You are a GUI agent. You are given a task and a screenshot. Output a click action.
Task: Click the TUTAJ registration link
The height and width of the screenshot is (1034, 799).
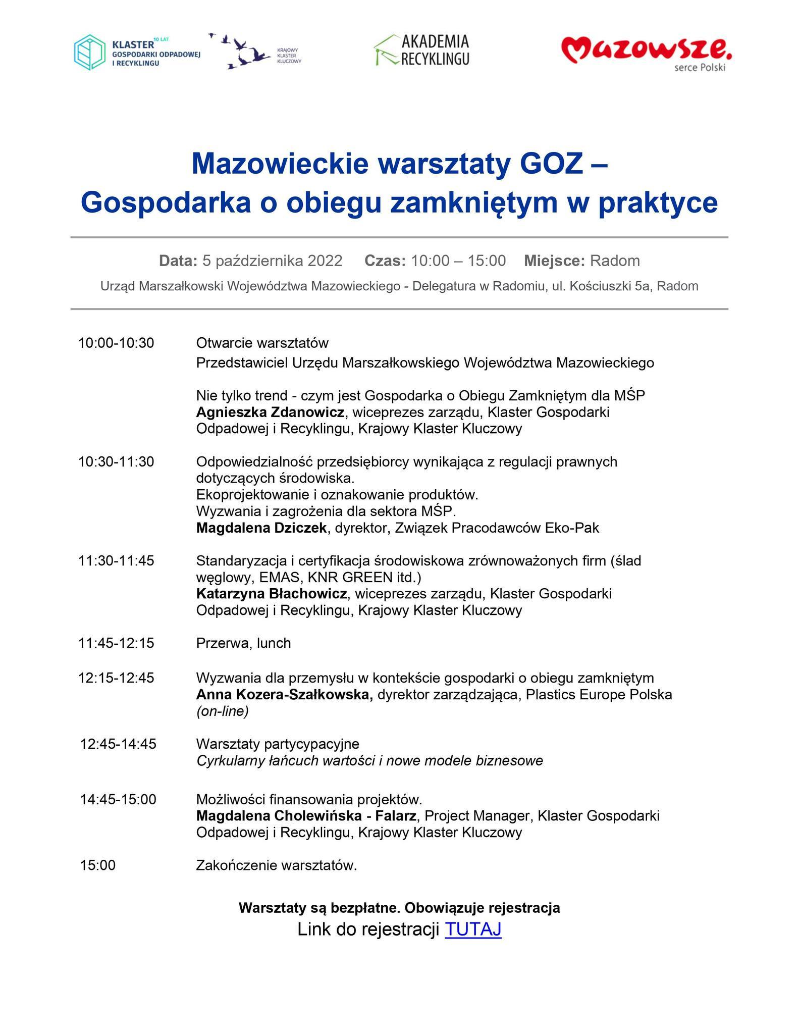pyautogui.click(x=473, y=929)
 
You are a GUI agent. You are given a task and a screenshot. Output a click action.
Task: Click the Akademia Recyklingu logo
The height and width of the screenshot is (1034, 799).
pyautogui.click(x=422, y=50)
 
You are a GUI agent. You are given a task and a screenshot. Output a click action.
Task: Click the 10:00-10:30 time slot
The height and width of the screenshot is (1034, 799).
pyautogui.click(x=116, y=343)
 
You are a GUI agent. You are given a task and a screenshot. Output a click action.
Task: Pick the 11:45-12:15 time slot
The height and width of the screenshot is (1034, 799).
pyautogui.click(x=116, y=643)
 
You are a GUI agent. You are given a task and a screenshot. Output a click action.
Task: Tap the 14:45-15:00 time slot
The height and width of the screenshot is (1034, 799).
pyautogui.click(x=118, y=799)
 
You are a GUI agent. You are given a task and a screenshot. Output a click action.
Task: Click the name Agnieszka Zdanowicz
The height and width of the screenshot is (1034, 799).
pyautogui.click(x=270, y=412)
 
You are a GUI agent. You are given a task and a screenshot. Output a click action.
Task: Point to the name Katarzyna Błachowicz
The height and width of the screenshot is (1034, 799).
pyautogui.click(x=272, y=594)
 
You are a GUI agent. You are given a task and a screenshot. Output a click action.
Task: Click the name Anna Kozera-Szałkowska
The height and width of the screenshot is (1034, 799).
pyautogui.click(x=284, y=695)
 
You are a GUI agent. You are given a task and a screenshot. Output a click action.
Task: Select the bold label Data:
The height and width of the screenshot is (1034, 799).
pyautogui.click(x=178, y=261)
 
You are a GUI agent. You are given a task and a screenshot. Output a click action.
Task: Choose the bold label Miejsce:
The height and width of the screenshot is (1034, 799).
pyautogui.click(x=554, y=261)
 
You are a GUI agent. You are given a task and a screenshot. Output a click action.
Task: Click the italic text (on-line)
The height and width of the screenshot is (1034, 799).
pyautogui.click(x=222, y=711)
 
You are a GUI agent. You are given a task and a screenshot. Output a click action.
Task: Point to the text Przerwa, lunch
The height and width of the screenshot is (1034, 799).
pyautogui.click(x=243, y=643)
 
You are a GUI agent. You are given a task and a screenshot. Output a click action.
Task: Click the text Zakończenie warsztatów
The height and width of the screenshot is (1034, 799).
pyautogui.click(x=276, y=865)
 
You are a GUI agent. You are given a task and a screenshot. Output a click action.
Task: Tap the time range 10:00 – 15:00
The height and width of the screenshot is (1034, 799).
pyautogui.click(x=458, y=261)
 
